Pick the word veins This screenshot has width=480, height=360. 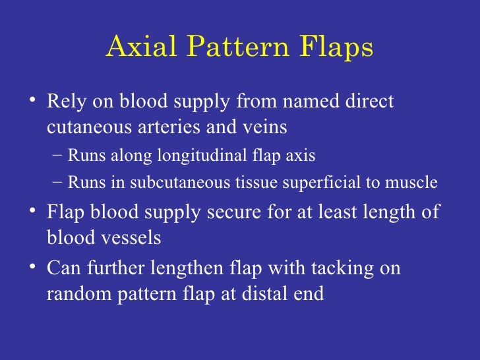pyautogui.click(x=264, y=126)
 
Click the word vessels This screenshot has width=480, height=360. pyautogui.click(x=131, y=237)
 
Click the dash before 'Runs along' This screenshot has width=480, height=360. pyautogui.click(x=57, y=156)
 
